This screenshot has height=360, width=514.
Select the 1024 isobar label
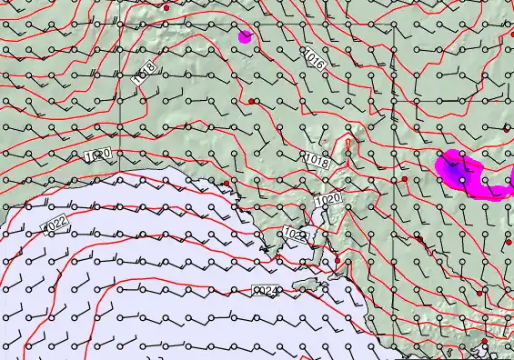click(x=266, y=291)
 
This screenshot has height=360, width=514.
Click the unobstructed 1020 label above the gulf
click(x=328, y=198)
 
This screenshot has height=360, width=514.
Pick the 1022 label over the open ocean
click(x=55, y=222)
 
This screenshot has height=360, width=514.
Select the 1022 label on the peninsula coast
click(x=295, y=234)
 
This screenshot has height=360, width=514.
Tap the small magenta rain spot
click(x=245, y=37)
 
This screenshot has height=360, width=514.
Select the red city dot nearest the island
click(x=338, y=262)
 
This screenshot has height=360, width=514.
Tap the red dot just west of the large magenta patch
click(x=405, y=179)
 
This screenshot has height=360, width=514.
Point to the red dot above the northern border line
click(x=167, y=7)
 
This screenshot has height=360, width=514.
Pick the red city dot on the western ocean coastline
click(x=227, y=184)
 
